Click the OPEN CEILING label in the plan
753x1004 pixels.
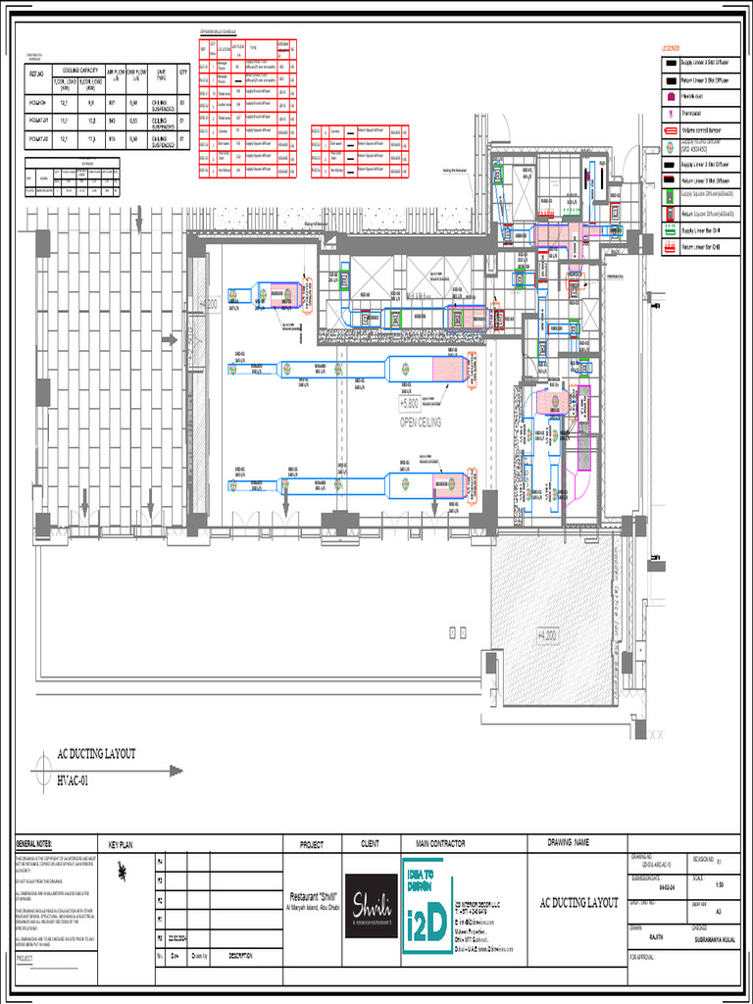pos(421,422)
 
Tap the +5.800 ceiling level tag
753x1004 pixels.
pos(409,403)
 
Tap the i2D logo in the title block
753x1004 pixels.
pos(427,906)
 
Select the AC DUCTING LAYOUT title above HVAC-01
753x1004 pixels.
pos(96,754)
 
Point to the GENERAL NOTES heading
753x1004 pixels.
pos(34,844)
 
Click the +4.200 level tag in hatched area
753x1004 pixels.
pos(544,636)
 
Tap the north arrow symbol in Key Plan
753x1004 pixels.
pos(120,868)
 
